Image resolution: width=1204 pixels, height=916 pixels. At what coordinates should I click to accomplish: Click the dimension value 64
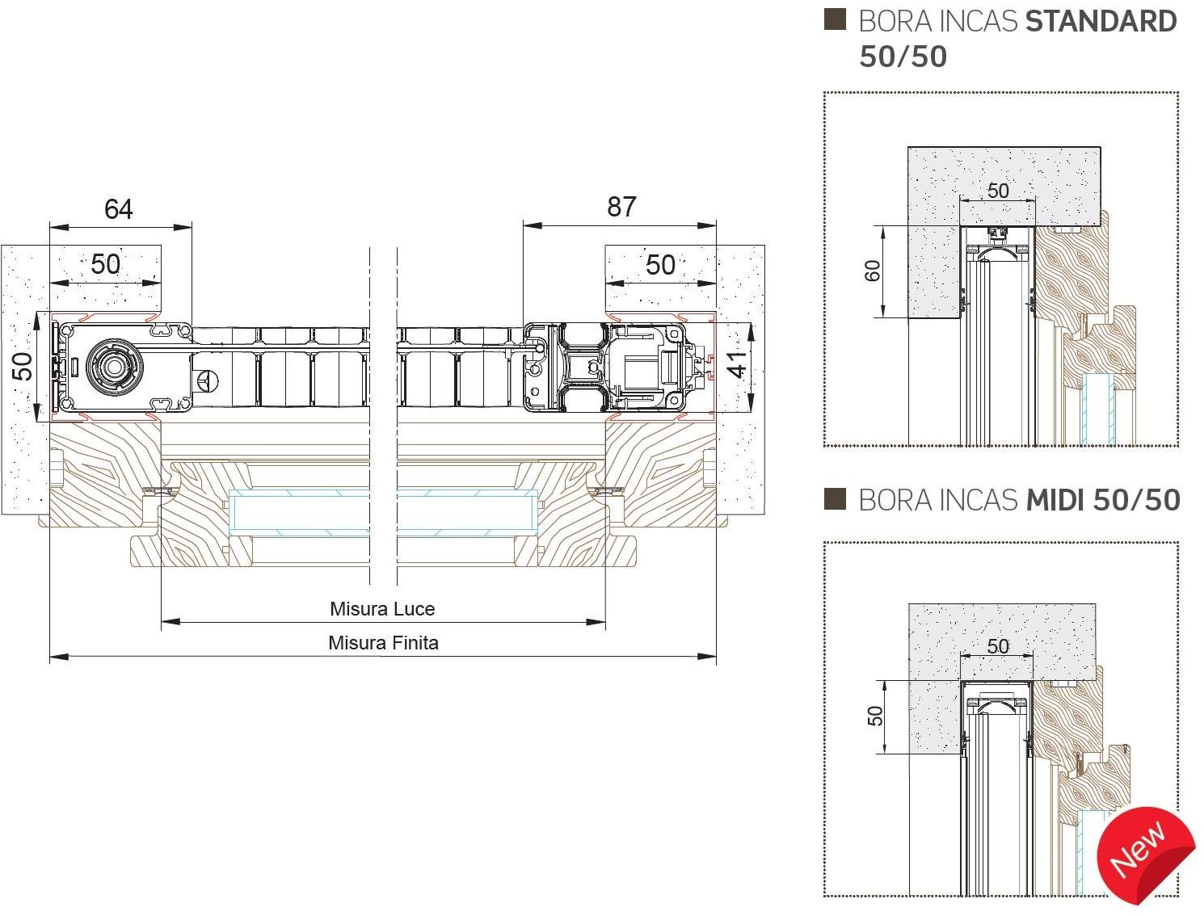[118, 209]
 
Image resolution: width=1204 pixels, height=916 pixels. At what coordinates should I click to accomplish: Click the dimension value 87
[621, 207]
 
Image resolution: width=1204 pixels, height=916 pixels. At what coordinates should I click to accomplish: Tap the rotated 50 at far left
[23, 366]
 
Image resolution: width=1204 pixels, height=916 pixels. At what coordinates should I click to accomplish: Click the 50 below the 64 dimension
[105, 264]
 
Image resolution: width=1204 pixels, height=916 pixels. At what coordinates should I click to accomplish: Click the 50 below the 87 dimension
[660, 264]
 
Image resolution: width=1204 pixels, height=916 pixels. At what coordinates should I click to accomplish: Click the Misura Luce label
[382, 609]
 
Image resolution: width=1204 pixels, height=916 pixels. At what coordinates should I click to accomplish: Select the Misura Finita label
[383, 643]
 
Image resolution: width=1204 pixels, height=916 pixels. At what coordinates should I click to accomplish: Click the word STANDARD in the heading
[1101, 22]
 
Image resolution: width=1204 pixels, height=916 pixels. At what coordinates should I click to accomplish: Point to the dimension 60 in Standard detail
[873, 271]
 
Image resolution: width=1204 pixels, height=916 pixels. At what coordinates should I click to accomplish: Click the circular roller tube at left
[112, 366]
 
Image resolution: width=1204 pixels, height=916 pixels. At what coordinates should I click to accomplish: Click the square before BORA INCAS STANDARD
[835, 19]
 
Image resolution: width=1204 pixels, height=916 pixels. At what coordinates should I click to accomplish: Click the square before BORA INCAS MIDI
[835, 499]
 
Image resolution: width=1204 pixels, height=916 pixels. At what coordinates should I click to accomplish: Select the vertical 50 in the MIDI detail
[875, 716]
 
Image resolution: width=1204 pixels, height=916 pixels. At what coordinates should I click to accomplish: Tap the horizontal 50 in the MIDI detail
[998, 646]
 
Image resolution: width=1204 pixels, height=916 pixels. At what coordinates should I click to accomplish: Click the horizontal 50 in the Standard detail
[998, 191]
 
